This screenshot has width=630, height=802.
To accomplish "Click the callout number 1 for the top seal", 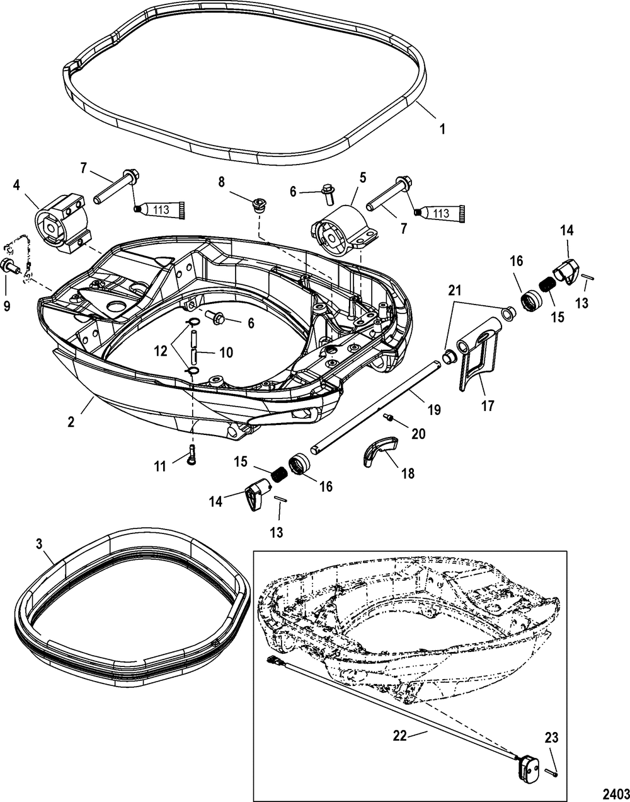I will coord(442,129).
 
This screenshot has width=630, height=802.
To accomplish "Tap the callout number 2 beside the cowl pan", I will coord(71,422).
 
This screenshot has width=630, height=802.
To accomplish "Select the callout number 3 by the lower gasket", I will coord(40,542).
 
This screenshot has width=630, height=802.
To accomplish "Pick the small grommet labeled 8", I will coord(258,204).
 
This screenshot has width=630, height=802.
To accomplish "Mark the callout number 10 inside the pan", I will coord(224,352).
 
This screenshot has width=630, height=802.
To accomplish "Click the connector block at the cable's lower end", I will coord(527,767).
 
